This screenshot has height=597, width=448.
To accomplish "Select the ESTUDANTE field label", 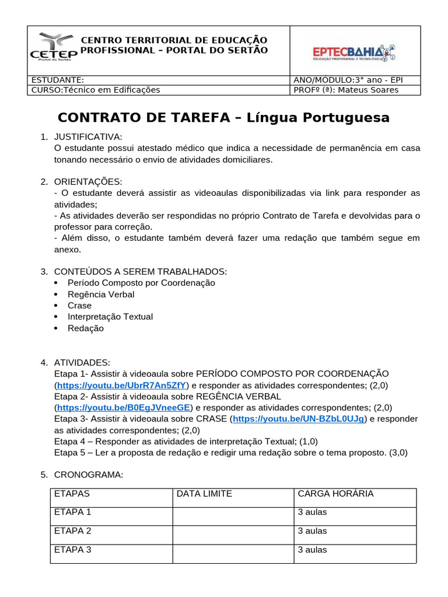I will pos(57,80).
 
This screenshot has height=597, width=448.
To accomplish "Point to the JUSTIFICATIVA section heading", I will pos(88,136).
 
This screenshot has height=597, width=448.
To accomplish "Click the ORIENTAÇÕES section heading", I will pos(88,181).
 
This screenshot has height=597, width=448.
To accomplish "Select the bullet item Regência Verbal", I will pos(101,294).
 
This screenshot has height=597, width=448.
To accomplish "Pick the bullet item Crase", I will pos(79,305).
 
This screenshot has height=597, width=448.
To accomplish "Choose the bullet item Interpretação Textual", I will pos(110,317).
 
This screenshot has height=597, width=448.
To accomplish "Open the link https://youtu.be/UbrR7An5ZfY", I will pos(121,385).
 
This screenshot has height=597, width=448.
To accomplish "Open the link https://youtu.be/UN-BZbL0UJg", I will pos(299,419).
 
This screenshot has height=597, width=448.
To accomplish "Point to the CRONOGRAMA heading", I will pos(89,475).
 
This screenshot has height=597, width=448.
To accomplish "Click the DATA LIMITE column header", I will pos(204,494).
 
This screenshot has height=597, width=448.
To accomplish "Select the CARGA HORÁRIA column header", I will pos(335,494).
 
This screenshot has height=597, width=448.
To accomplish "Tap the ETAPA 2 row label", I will pos(73,531).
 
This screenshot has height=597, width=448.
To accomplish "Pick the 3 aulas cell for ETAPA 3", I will pos(313,550).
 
